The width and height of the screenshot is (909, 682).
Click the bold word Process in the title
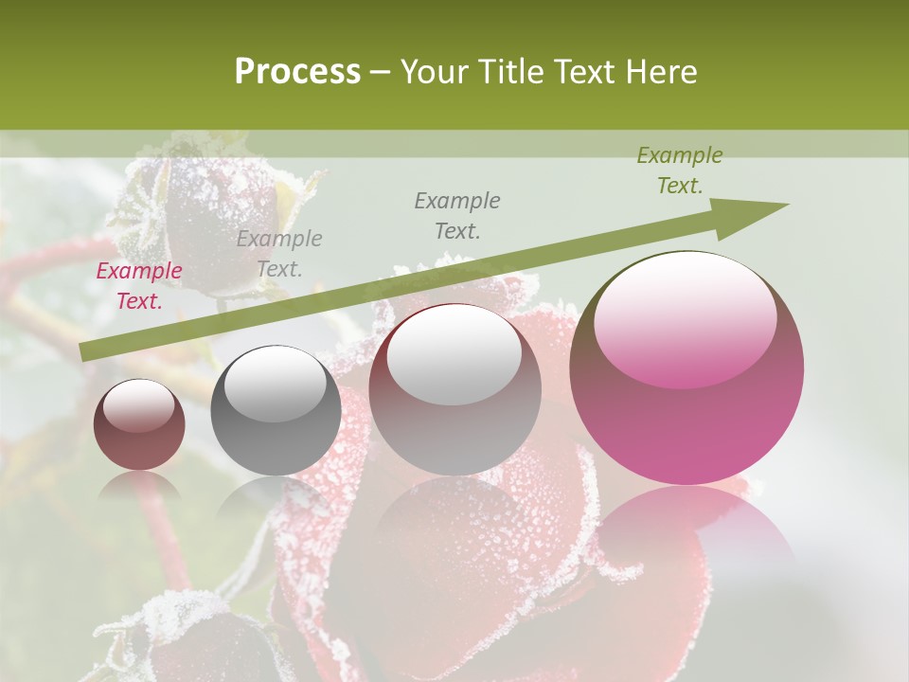[297, 72]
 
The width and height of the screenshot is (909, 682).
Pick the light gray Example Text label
[279, 254]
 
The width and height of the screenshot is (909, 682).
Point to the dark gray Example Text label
[457, 215]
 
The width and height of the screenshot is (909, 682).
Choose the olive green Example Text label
[679, 170]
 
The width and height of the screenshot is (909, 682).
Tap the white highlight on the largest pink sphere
[686, 317]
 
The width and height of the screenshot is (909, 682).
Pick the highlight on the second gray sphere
[276, 385]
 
